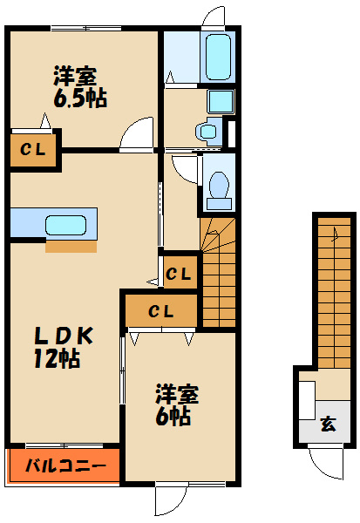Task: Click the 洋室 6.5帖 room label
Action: [x=80, y=87]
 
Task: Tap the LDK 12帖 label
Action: [x=63, y=347]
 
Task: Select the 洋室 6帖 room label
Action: [x=176, y=404]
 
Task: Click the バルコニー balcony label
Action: [x=66, y=465]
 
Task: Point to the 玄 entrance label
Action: [x=329, y=424]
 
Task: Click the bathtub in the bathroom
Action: [x=218, y=58]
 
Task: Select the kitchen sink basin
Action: [x=65, y=225]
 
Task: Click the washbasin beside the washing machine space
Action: [x=208, y=131]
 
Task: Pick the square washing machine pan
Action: [x=221, y=101]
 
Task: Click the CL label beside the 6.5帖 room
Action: [x=32, y=150]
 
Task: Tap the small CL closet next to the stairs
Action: [x=179, y=275]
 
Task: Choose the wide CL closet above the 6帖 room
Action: [x=160, y=311]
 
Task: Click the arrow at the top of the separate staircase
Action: [x=335, y=234]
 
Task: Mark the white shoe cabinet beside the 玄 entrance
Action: [x=307, y=400]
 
